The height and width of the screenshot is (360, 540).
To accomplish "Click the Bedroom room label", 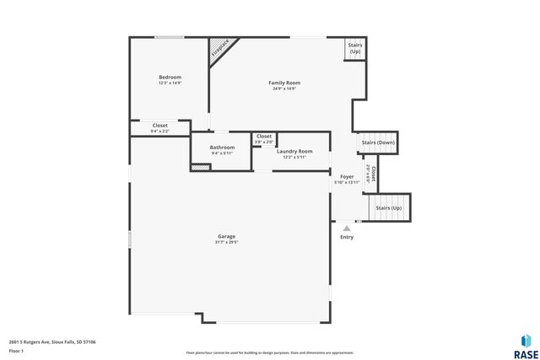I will pos(170,77).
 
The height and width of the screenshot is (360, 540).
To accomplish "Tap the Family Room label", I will pos(284,83).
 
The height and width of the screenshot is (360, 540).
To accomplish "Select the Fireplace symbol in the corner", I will pos(222,48).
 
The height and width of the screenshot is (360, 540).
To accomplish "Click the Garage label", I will pos(226,237).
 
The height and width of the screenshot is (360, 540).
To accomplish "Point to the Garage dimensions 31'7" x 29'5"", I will pos(226,243).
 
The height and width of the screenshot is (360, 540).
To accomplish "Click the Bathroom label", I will pos(223,148).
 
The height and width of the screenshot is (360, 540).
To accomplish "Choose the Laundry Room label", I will pos(294,151).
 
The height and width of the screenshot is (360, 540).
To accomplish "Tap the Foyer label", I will pos(347,176).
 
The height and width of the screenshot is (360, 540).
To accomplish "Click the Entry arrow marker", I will pos(346,227).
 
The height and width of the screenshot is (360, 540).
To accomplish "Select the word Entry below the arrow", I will pos(347,237).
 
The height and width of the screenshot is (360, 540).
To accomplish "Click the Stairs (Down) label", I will pos(377,142).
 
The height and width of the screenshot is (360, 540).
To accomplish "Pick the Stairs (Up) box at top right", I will pos(354,48).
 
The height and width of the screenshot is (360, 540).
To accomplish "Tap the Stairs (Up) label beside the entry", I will pos(389,207).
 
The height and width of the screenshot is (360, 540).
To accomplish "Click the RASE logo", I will pos(526,345).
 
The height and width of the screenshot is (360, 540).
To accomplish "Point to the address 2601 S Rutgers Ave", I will pos(51,342).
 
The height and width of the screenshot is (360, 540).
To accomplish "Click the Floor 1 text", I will pos(16,350).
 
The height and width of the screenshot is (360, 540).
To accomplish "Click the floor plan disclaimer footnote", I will pos(269,352).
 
